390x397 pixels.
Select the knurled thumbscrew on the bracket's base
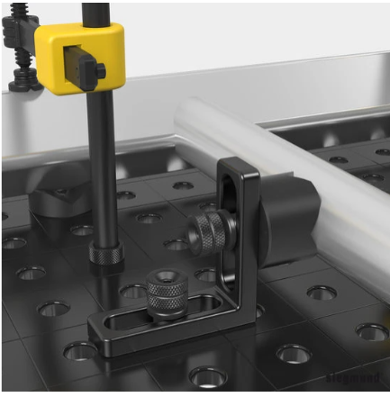pos(166,293)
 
